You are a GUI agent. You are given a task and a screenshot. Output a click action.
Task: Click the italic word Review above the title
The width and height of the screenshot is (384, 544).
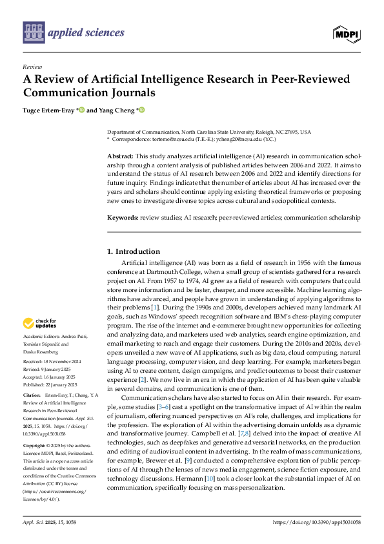point(32,67)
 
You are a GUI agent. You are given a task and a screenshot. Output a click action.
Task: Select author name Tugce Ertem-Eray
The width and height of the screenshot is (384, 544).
point(48,110)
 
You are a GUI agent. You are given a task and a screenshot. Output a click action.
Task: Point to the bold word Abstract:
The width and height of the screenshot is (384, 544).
point(120,157)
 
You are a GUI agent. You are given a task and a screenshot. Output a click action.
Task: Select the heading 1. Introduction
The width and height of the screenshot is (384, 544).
point(137,251)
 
